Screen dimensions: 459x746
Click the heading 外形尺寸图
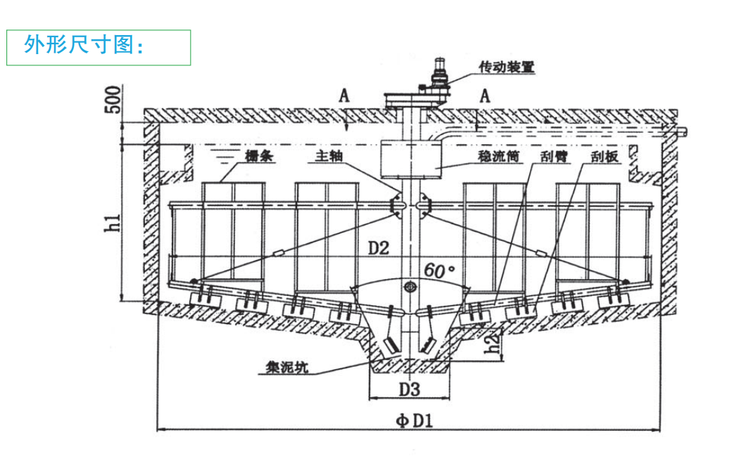[x=84, y=46]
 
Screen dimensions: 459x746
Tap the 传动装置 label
[x=507, y=67]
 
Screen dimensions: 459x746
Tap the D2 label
[x=378, y=247]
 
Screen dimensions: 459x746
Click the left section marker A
[x=344, y=96]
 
